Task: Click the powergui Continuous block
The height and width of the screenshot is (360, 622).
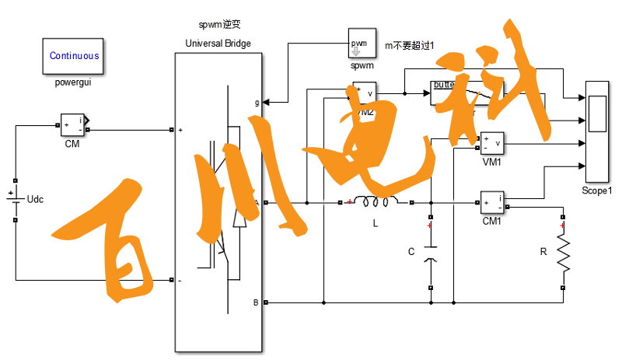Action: [x=74, y=55]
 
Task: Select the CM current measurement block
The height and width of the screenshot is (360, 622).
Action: [x=72, y=124]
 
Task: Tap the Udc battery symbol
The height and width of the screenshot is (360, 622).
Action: [x=14, y=198]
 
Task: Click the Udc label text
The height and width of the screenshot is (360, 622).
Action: [x=36, y=200]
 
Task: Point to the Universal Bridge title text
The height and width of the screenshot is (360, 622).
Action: [x=218, y=43]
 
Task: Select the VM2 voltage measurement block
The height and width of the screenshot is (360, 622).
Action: [x=364, y=93]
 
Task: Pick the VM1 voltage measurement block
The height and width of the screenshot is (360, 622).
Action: [x=492, y=144]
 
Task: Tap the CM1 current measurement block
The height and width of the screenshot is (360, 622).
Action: [x=492, y=202]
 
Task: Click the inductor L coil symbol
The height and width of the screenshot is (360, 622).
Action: [x=376, y=203]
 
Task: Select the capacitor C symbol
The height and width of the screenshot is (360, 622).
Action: [x=430, y=252]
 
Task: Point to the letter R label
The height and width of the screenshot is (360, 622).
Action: [x=544, y=252]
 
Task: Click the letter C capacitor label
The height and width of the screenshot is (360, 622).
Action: [x=412, y=251]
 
